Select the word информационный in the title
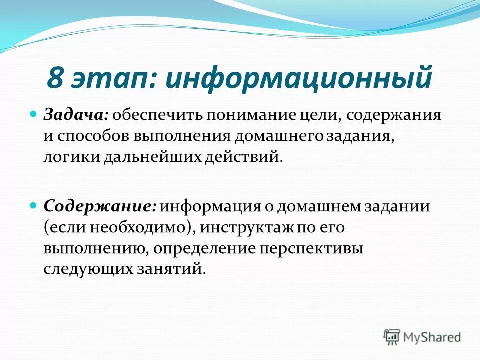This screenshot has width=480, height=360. pyautogui.click(x=298, y=79)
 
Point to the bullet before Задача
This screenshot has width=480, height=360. pyautogui.click(x=34, y=114)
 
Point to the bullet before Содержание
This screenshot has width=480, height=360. pyautogui.click(x=34, y=205)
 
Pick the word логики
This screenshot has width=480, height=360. pyautogui.click(x=71, y=157)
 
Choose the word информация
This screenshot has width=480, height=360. pyautogui.click(x=209, y=206)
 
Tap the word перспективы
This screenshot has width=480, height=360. pyautogui.click(x=310, y=248)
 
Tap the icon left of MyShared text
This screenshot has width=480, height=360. pyautogui.click(x=392, y=336)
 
